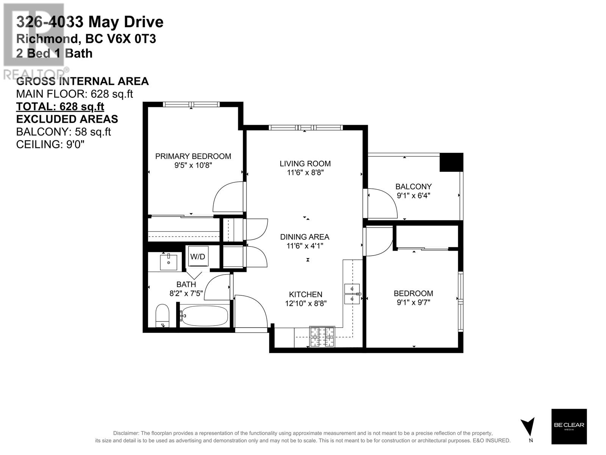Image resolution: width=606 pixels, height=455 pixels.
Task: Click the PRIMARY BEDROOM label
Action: [x=193, y=156]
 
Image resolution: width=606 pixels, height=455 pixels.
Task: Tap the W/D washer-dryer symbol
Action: [x=197, y=256]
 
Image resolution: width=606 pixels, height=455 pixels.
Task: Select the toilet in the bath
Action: [x=162, y=316]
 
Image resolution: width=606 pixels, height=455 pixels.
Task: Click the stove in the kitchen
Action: [x=322, y=337]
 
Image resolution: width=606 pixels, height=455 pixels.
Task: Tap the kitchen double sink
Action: [x=352, y=294]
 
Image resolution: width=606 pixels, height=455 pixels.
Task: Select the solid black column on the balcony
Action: [x=451, y=162]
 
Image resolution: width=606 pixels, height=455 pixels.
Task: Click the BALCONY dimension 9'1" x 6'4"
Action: [x=413, y=196]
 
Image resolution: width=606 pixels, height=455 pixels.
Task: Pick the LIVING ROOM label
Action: [x=305, y=163]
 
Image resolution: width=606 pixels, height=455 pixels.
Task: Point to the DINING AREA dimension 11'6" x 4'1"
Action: [x=305, y=246]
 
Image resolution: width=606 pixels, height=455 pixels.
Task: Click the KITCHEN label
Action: [x=306, y=295]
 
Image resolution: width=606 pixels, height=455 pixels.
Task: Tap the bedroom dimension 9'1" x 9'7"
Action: [x=413, y=302]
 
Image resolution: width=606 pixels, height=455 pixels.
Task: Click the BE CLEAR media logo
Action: [x=569, y=427]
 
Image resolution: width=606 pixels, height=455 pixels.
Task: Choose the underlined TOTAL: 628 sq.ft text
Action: [x=60, y=107]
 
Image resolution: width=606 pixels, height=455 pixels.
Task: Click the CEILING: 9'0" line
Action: [x=50, y=144]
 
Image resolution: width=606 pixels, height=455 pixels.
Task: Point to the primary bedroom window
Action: [x=191, y=104]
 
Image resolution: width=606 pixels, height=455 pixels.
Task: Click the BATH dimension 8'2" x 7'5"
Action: [x=186, y=293]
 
